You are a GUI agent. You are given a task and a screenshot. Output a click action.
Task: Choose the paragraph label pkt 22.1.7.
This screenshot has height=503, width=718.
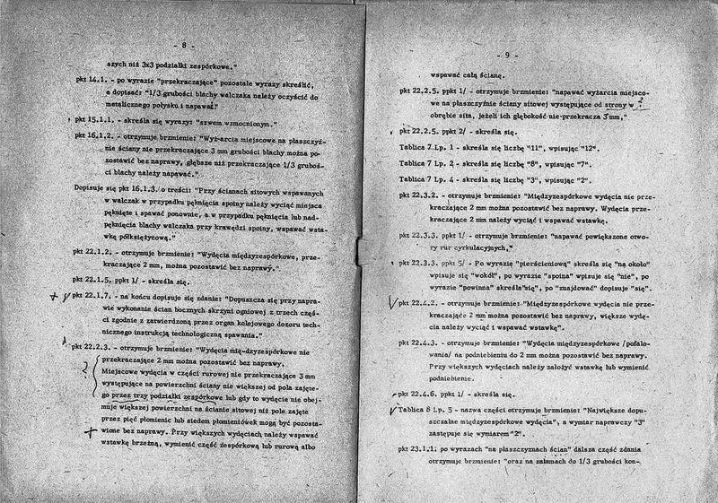click(94, 293)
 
